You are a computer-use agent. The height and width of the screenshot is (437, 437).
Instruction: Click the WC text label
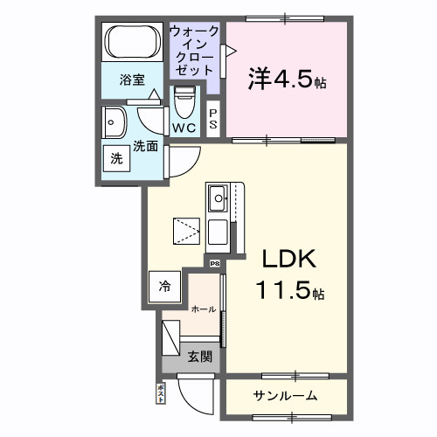click(x=184, y=128)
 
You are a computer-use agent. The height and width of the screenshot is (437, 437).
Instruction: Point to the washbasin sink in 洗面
click(x=114, y=123)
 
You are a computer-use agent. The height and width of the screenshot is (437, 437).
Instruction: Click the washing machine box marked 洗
click(x=116, y=159)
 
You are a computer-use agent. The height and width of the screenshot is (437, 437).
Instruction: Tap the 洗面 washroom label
click(x=146, y=146)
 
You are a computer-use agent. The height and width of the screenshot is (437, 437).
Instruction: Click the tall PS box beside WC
click(x=213, y=119)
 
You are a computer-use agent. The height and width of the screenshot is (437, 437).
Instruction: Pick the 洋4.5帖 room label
click(x=285, y=82)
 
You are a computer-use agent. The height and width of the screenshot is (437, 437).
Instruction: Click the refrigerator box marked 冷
click(x=164, y=285)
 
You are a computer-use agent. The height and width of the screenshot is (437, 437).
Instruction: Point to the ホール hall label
click(x=203, y=309)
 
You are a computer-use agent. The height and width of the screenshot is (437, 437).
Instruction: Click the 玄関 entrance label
click(x=198, y=356)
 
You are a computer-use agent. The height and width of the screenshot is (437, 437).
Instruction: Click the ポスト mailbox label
click(x=160, y=394)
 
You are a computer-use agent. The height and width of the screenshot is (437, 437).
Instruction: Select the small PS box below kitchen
click(x=214, y=260)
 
